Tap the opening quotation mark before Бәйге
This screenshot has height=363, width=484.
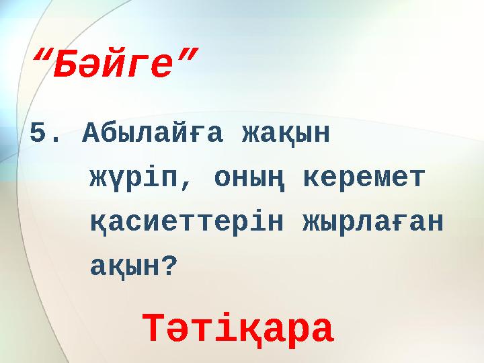coord(44,55)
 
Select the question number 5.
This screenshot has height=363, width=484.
coord(39,134)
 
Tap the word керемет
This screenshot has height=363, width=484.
coord(365,178)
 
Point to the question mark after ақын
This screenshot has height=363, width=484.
coord(171,266)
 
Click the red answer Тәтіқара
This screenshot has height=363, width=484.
coord(238,329)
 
